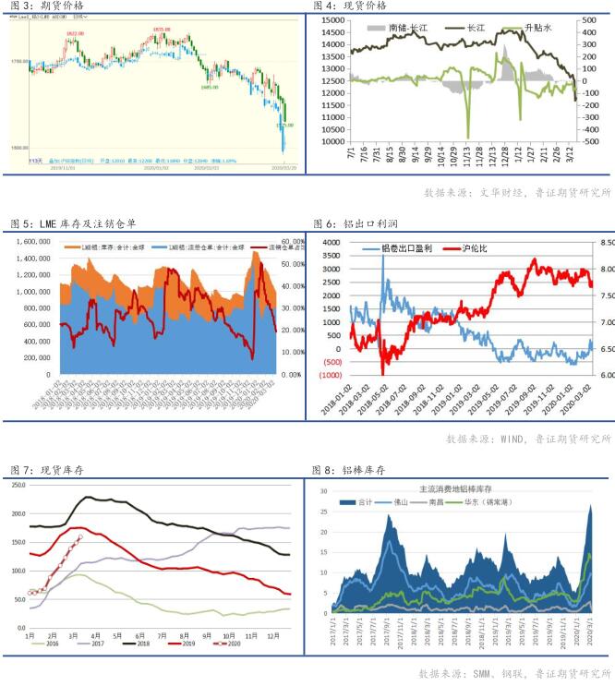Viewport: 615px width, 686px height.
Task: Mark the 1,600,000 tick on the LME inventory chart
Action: tap(30, 241)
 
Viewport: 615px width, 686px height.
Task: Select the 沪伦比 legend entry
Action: tap(475, 249)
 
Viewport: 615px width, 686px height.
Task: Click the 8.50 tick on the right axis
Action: tap(607, 242)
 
